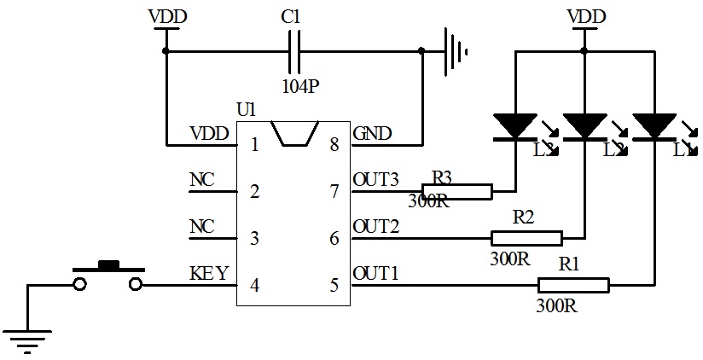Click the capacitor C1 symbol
point(293,51)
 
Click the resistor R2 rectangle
point(526,238)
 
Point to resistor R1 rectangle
point(572,285)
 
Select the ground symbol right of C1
point(455,51)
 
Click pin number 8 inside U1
point(334,145)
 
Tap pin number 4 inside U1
point(254,285)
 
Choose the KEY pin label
point(209,274)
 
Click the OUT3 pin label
point(375,180)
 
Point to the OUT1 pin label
point(375,274)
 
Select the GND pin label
point(372,133)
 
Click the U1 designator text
point(246,110)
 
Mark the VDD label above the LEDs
point(586,16)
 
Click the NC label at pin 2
point(201,180)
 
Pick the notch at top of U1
point(293,133)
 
